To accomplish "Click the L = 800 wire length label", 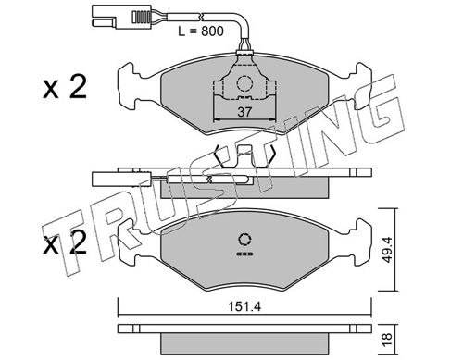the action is [x=201, y=31].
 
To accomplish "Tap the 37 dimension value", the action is [x=244, y=112].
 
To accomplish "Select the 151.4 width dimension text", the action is [x=244, y=307].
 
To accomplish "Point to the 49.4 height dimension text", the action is [x=387, y=250].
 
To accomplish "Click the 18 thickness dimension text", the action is [x=387, y=340].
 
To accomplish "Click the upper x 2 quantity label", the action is [x=65, y=87].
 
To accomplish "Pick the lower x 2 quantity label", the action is [x=65, y=242].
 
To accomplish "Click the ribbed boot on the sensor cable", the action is [x=141, y=17].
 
